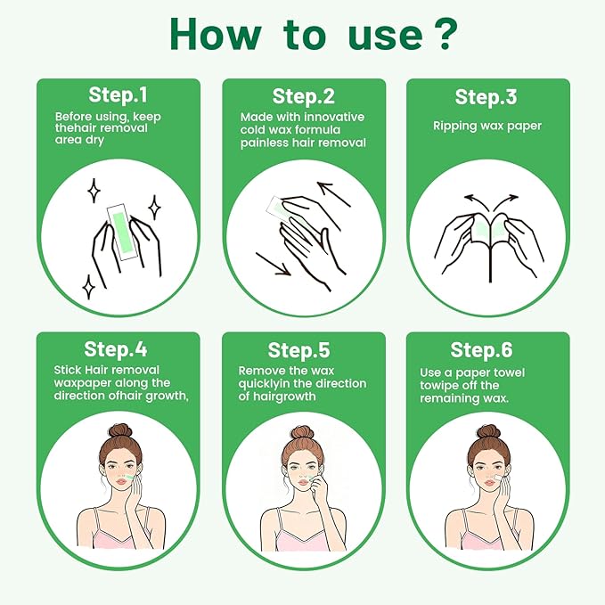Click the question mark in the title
click(x=445, y=34)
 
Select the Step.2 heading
click(x=302, y=95)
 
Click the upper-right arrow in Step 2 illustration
click(x=332, y=192)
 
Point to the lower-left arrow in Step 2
click(x=272, y=264)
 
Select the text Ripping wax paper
click(x=487, y=126)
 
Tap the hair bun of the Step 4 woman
click(x=120, y=430)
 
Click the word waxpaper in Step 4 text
click(x=84, y=384)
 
